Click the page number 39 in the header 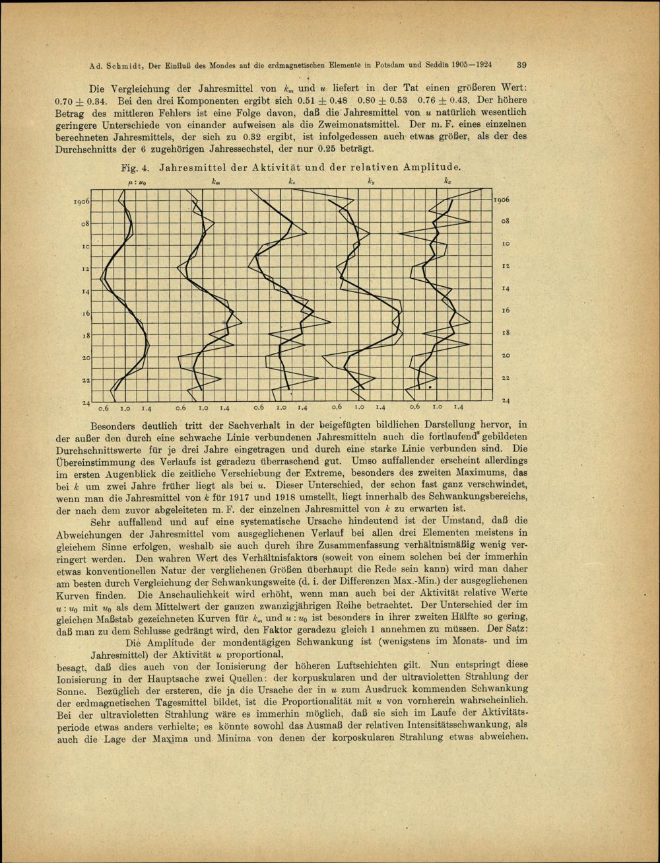click(x=521, y=65)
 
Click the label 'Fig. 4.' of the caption click(x=141, y=168)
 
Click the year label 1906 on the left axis click(x=81, y=201)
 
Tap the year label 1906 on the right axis click(x=502, y=199)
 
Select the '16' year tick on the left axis click(x=86, y=313)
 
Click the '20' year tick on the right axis click(x=506, y=356)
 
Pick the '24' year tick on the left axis click(x=86, y=402)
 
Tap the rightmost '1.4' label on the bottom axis click(x=458, y=408)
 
